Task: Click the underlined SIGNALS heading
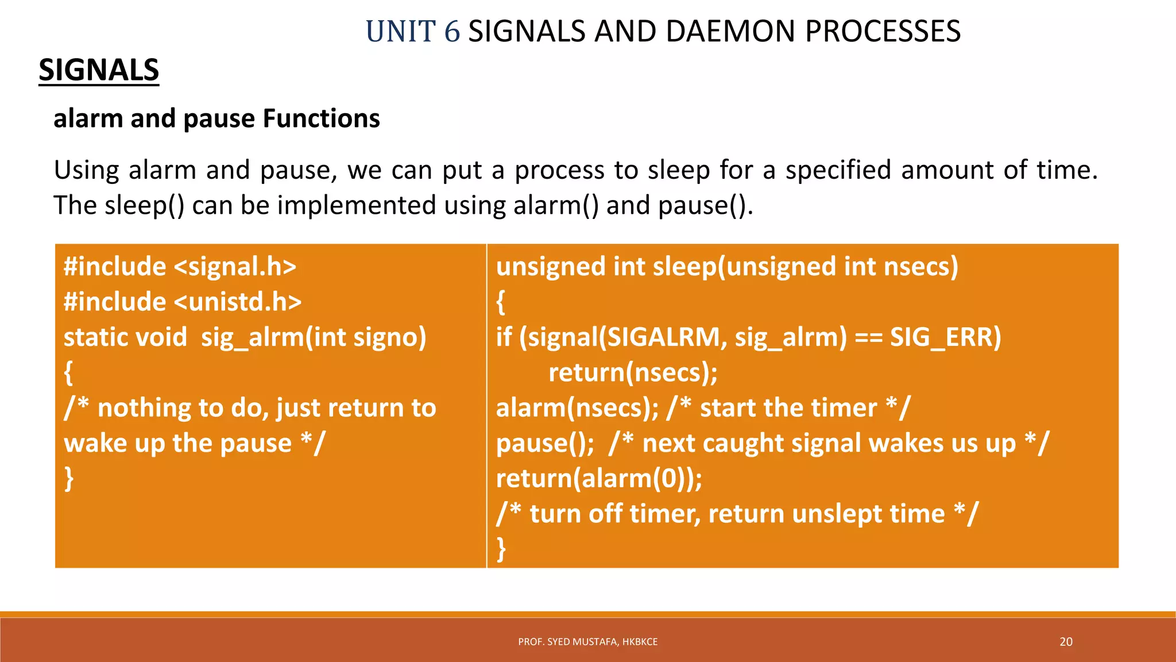coord(99,71)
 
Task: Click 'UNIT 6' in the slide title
coord(412,32)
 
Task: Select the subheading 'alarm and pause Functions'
coord(216,119)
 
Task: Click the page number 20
coord(1066,642)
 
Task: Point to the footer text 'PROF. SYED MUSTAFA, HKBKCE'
coord(587,642)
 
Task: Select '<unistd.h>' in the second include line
coord(237,302)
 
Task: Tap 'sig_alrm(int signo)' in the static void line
coord(314,337)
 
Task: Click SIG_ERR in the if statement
coord(945,337)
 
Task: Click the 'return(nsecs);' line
coord(633,373)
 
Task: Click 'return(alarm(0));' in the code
coord(599,479)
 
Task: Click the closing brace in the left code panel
coord(69,479)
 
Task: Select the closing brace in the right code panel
coord(501,549)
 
